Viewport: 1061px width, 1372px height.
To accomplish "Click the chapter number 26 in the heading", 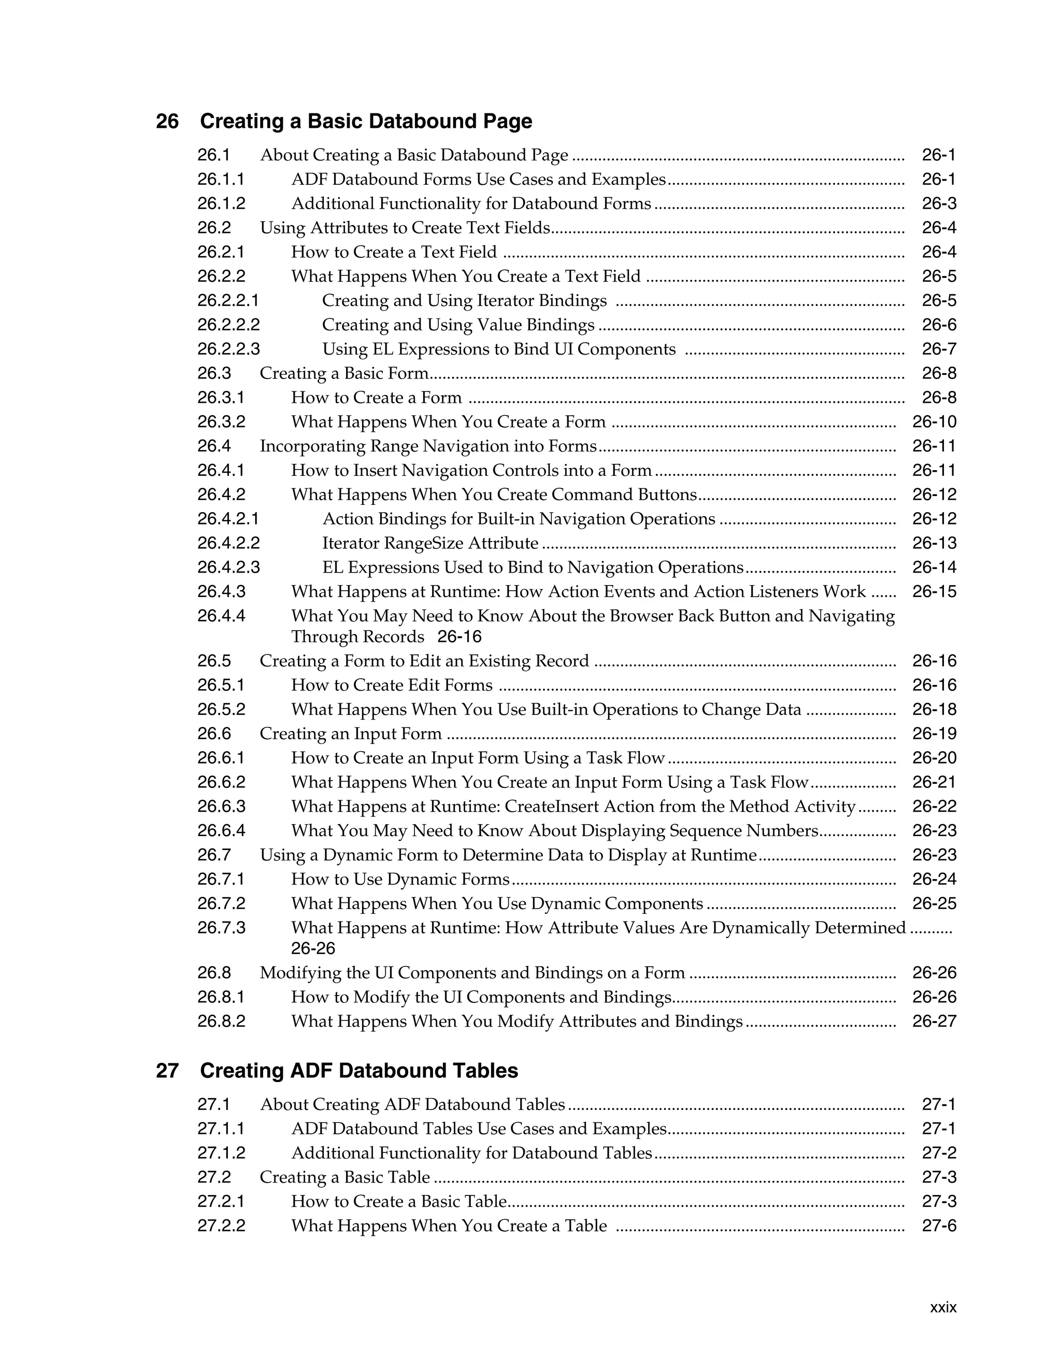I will tap(167, 121).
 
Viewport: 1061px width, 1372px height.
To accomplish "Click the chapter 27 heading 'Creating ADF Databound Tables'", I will tap(359, 1071).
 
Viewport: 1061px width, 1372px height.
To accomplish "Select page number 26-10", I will tap(934, 422).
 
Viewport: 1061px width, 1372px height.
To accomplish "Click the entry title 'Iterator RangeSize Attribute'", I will tap(430, 544).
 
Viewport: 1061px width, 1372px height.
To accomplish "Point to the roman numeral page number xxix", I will tap(943, 1308).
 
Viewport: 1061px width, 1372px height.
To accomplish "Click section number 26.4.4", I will tap(221, 616).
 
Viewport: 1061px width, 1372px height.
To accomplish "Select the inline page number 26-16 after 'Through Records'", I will tap(460, 637).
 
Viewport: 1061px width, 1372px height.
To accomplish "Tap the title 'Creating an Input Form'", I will tap(351, 734).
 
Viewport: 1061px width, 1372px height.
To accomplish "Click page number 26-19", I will tap(934, 734).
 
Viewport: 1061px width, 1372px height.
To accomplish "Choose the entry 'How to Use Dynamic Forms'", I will tap(400, 880).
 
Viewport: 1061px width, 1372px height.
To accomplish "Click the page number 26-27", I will tap(934, 1021).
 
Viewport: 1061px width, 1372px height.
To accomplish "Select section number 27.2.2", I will tap(221, 1225).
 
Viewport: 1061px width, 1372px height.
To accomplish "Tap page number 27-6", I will tap(939, 1225).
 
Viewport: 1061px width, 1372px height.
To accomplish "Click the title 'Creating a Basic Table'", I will tap(345, 1177).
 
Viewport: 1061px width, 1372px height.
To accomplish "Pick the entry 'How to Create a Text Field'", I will tap(394, 253).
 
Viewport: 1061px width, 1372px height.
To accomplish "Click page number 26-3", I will tap(939, 203).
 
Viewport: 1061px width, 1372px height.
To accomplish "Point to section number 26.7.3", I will tap(221, 928).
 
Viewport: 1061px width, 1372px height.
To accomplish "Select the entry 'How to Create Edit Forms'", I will tap(392, 685).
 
